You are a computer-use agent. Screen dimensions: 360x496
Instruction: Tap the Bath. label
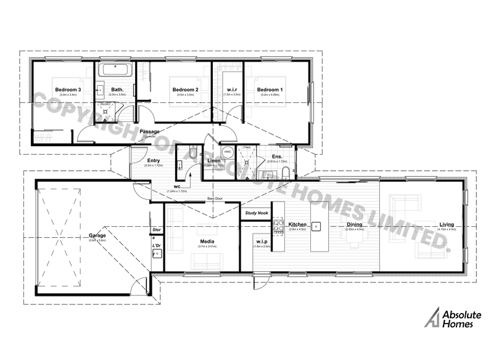[x=117, y=90]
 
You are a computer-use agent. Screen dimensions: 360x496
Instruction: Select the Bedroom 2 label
[x=185, y=90]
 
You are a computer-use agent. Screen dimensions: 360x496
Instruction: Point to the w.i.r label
[x=232, y=90]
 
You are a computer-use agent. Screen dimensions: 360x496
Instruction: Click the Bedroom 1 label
[x=270, y=90]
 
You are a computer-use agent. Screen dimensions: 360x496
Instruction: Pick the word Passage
[x=149, y=132]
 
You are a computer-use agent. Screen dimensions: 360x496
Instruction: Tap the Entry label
[x=153, y=161]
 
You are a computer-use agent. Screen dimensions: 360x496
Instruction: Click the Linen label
[x=213, y=161]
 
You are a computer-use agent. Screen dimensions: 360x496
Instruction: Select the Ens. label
[x=277, y=157]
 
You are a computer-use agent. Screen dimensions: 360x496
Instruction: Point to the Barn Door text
[x=215, y=199]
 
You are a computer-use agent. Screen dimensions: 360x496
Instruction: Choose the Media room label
[x=207, y=242]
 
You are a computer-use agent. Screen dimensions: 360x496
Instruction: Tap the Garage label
[x=97, y=235]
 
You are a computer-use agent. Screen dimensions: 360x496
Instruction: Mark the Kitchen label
[x=297, y=224]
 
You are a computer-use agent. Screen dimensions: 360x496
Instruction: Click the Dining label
[x=354, y=224]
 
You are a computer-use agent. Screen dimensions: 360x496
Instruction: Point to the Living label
[x=446, y=224]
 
